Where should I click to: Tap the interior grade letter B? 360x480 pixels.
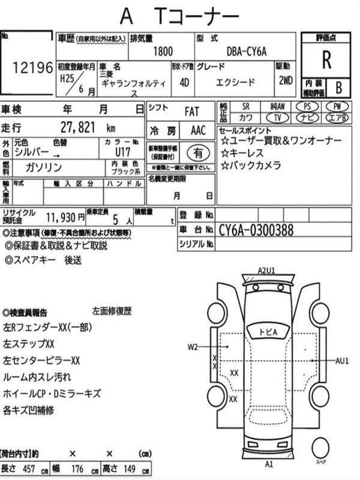[338, 88]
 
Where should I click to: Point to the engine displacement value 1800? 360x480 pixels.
[163, 53]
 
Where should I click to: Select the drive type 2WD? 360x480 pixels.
[285, 82]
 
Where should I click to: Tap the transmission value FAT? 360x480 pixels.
[193, 112]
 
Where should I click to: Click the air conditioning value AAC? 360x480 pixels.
[197, 130]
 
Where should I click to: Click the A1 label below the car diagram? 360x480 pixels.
[269, 464]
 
